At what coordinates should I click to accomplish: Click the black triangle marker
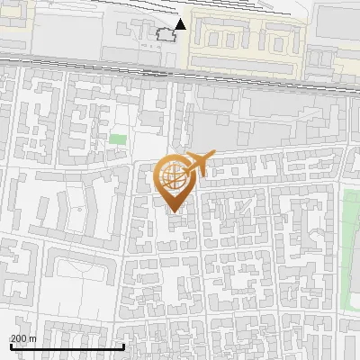(x=181, y=23)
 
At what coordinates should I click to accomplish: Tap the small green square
(x=118, y=139)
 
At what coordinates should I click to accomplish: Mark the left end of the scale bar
(x=10, y=346)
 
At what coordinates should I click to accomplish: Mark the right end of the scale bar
(x=123, y=346)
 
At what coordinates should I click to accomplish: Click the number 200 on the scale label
(x=18, y=338)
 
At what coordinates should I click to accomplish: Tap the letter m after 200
(x=31, y=338)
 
